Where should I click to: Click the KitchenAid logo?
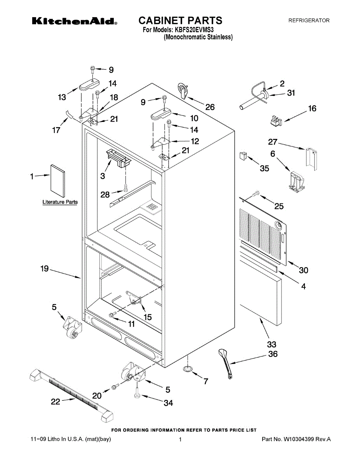(x=74, y=21)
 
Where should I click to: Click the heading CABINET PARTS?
(x=180, y=20)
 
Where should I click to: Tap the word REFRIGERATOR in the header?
(x=309, y=20)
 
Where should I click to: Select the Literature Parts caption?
(x=60, y=202)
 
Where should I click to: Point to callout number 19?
(x=45, y=268)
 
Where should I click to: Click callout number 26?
(x=210, y=107)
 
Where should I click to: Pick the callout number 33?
(x=271, y=344)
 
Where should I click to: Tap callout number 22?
(x=56, y=402)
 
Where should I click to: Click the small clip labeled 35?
(x=243, y=155)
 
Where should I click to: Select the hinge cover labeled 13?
(x=89, y=84)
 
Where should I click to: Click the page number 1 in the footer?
(x=181, y=440)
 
